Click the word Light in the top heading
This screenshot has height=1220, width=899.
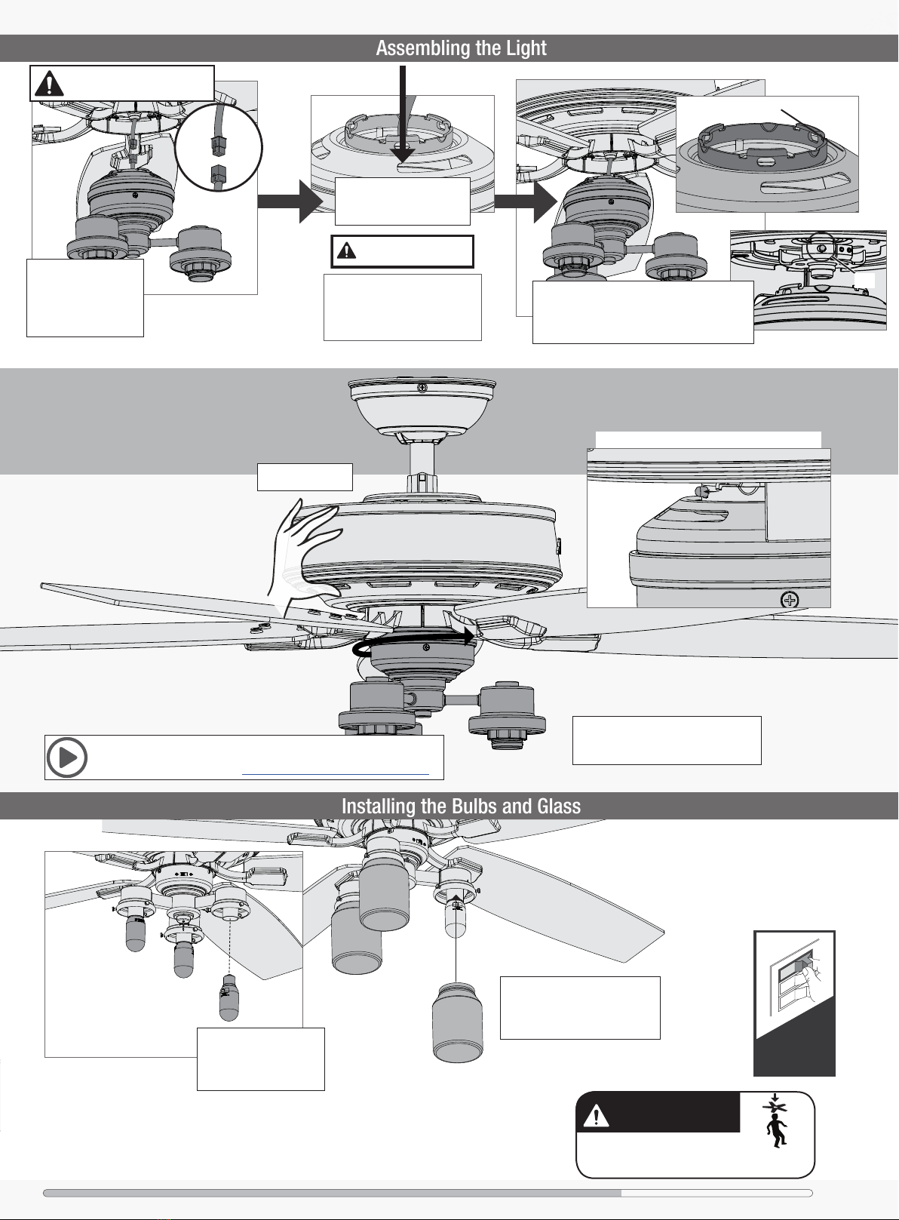point(526,48)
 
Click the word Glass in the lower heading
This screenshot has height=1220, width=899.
point(559,807)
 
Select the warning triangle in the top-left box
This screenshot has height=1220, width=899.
point(49,83)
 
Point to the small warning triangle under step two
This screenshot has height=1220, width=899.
point(345,250)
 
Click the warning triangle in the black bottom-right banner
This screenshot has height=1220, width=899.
point(596,1115)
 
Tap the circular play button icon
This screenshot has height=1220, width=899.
point(67,758)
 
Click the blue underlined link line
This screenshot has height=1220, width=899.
point(335,774)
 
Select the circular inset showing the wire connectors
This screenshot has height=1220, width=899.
point(218,146)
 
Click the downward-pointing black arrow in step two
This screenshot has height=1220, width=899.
point(403,121)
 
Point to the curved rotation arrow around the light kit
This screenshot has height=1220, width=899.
point(415,641)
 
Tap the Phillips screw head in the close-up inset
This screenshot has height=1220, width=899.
point(790,601)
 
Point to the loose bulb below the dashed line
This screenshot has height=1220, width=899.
point(229,998)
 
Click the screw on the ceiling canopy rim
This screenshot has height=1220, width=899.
point(422,388)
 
